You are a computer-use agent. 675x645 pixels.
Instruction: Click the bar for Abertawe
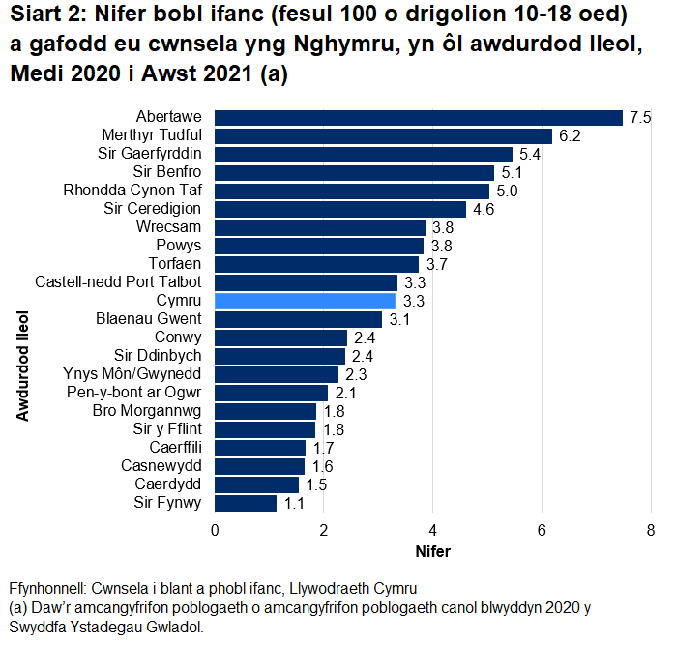418,117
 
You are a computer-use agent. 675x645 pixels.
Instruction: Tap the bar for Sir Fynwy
245,503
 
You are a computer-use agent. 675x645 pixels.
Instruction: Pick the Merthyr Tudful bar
383,135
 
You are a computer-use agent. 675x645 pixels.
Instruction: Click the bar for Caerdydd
256,484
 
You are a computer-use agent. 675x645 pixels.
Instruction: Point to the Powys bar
319,246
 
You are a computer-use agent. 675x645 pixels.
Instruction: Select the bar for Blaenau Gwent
298,319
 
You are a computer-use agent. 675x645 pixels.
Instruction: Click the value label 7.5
639,118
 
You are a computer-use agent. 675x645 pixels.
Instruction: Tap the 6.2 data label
569,136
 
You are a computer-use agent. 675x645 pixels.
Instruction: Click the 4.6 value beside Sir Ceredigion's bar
483,209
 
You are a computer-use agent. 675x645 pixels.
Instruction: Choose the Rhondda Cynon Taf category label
132,191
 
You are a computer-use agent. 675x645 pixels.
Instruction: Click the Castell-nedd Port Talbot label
118,282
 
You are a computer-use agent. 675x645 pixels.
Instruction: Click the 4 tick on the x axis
432,530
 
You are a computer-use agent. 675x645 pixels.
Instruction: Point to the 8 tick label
651,530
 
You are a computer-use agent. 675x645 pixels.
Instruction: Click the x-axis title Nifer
432,552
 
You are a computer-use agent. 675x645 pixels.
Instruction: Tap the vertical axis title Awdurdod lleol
22,366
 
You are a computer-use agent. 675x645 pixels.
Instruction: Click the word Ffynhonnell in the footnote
45,589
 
